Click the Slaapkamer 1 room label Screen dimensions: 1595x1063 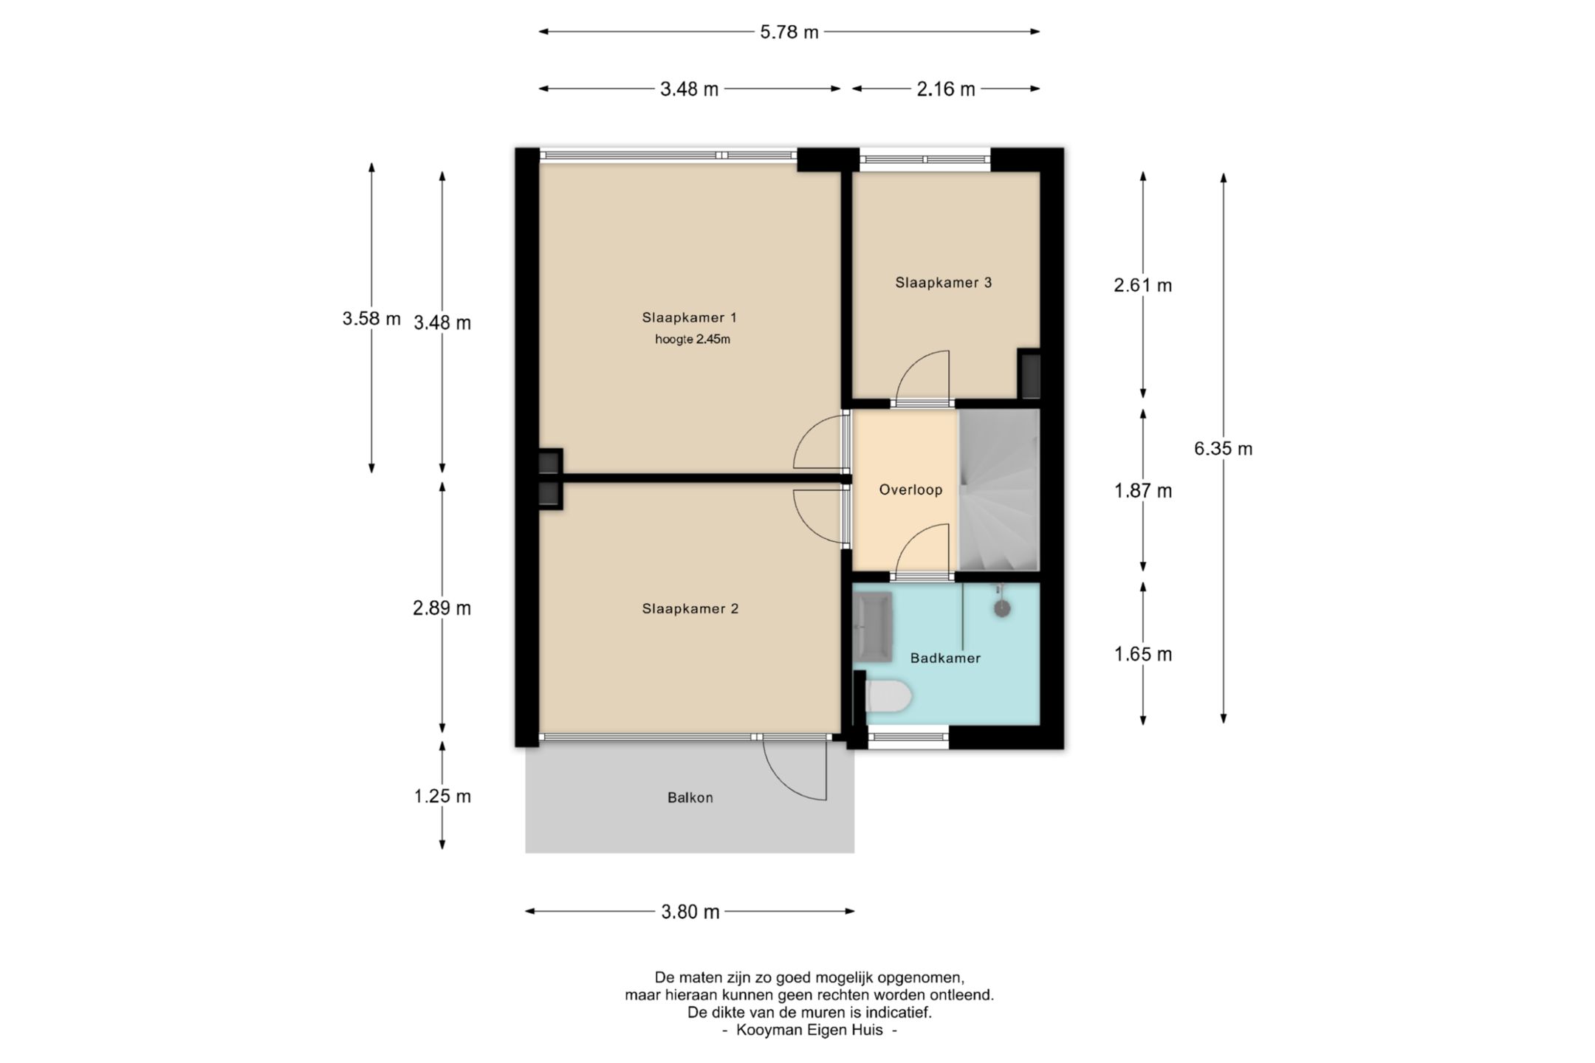pyautogui.click(x=689, y=317)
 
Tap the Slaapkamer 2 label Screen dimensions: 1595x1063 pyautogui.click(x=690, y=608)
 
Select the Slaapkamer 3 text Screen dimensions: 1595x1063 pyautogui.click(x=943, y=282)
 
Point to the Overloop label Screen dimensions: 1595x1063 pyautogui.click(x=910, y=489)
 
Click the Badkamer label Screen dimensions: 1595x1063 pyautogui.click(x=945, y=658)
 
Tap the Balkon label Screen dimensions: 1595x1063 pyautogui.click(x=690, y=797)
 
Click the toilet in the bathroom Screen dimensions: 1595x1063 pyautogui.click(x=888, y=696)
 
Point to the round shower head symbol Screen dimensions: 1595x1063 pyautogui.click(x=1001, y=608)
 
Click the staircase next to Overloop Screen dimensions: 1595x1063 pyautogui.click(x=998, y=489)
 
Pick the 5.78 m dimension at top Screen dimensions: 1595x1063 pyautogui.click(x=789, y=32)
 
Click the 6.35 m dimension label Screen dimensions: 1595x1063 pyautogui.click(x=1223, y=448)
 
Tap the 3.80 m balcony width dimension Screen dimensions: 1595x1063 pyautogui.click(x=690, y=912)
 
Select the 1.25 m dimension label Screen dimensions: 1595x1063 pyautogui.click(x=442, y=796)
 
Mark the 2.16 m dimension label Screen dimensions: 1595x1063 pyautogui.click(x=946, y=89)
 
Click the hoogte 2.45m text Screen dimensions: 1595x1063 pyautogui.click(x=692, y=340)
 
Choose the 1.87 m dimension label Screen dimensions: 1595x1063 pyautogui.click(x=1143, y=490)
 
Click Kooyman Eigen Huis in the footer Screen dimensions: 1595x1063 pyautogui.click(x=809, y=1030)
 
